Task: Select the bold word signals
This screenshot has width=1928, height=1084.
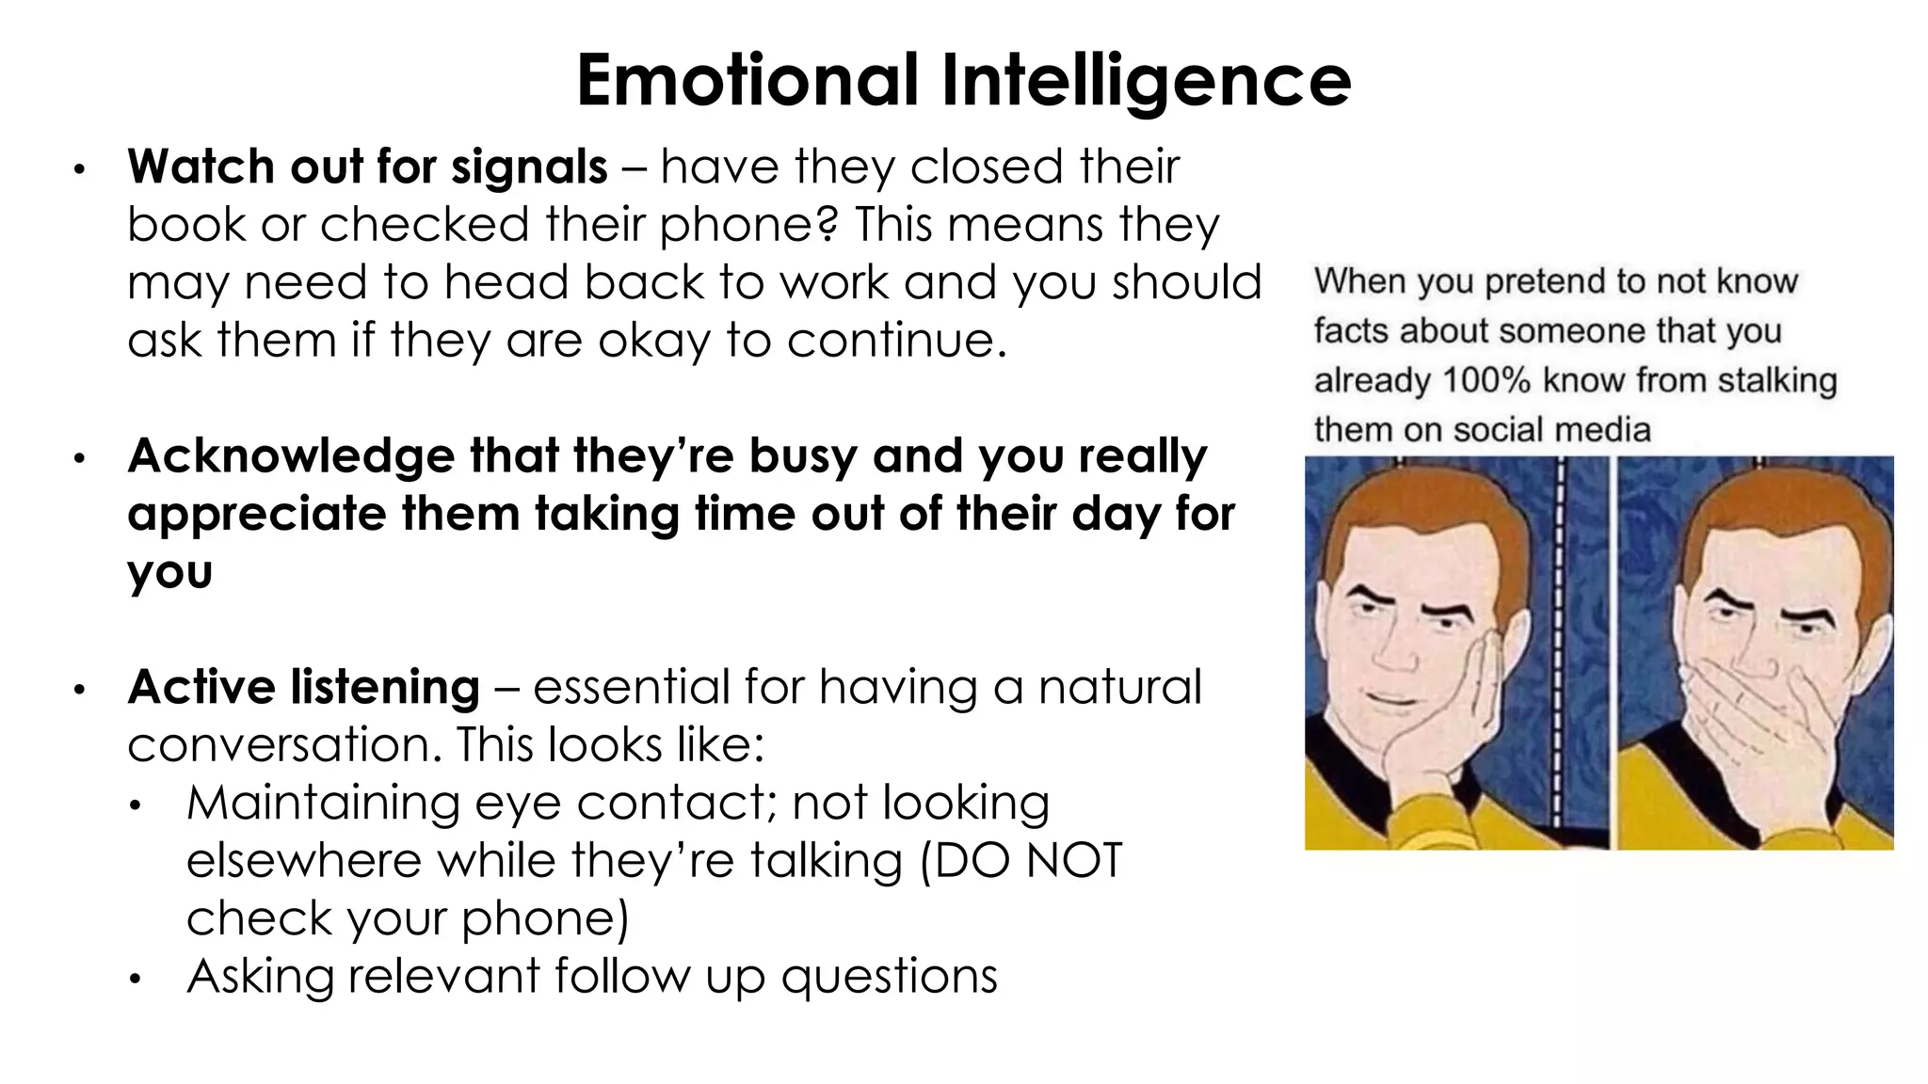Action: click(x=529, y=167)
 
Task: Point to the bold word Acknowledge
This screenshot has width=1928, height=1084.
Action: click(x=291, y=457)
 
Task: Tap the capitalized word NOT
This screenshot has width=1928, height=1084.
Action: click(x=1072, y=861)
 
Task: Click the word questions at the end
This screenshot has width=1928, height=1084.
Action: click(x=889, y=977)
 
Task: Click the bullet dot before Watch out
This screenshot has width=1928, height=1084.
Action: click(x=80, y=169)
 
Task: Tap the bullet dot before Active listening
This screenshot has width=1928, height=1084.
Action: click(x=80, y=690)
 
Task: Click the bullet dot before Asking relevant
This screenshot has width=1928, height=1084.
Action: click(x=137, y=980)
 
